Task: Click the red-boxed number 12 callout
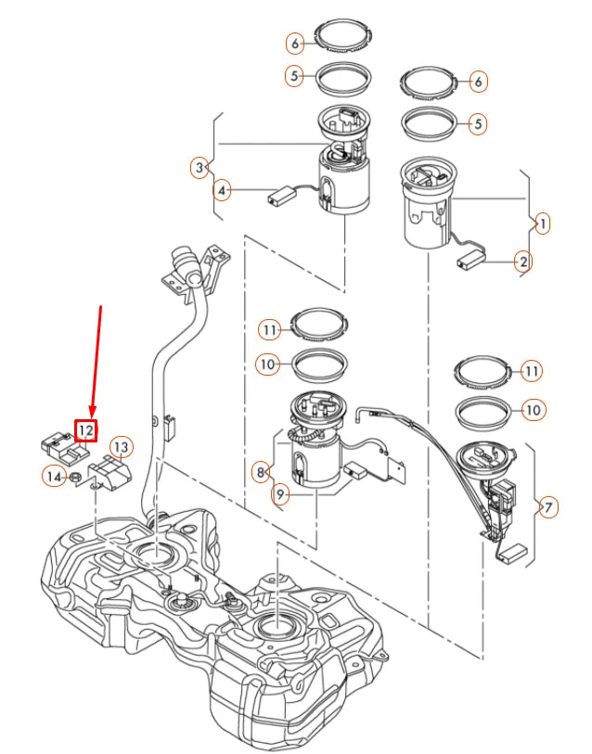85,430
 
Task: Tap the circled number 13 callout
121,447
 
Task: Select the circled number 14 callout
54,477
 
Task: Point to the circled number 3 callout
199,168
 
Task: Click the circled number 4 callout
222,191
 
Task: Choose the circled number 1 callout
543,224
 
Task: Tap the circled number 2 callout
523,262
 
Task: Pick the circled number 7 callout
548,506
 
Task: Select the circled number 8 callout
261,472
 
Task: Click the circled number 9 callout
280,493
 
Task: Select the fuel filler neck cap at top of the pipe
187,262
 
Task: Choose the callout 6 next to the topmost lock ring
294,44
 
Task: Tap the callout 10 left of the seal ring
267,364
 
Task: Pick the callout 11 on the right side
532,371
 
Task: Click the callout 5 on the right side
478,123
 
